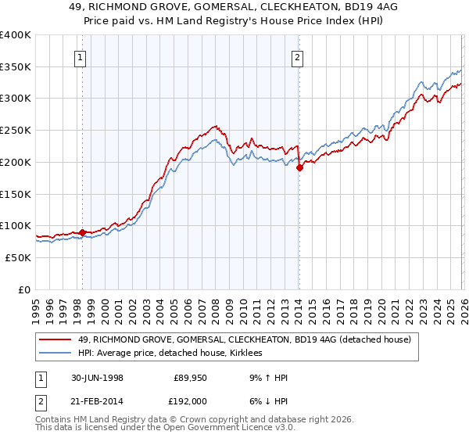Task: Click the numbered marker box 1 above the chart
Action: pos(82,56)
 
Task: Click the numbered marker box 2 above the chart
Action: pos(299,56)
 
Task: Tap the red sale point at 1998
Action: pos(82,232)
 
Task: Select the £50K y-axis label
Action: pos(18,257)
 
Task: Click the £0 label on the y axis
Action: pos(25,289)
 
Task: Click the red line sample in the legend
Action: pos(56,339)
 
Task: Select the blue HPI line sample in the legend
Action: pos(56,354)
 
